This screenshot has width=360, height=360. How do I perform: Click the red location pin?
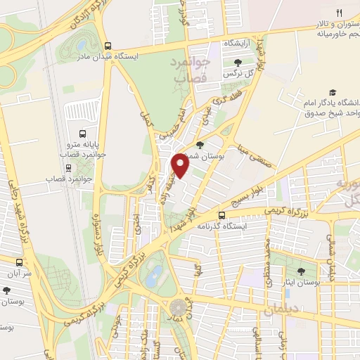[x=181, y=166]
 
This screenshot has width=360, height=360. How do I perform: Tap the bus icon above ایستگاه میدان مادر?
[x=107, y=44]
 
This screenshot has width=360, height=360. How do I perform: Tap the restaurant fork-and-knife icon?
[x=337, y=12]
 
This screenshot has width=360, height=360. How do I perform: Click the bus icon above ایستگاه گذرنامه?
[x=222, y=215]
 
